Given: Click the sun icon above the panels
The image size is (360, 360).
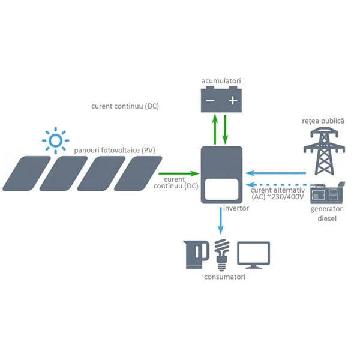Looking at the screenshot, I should pyautogui.click(x=55, y=140).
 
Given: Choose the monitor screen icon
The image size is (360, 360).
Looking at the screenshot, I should pyautogui.click(x=254, y=254).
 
